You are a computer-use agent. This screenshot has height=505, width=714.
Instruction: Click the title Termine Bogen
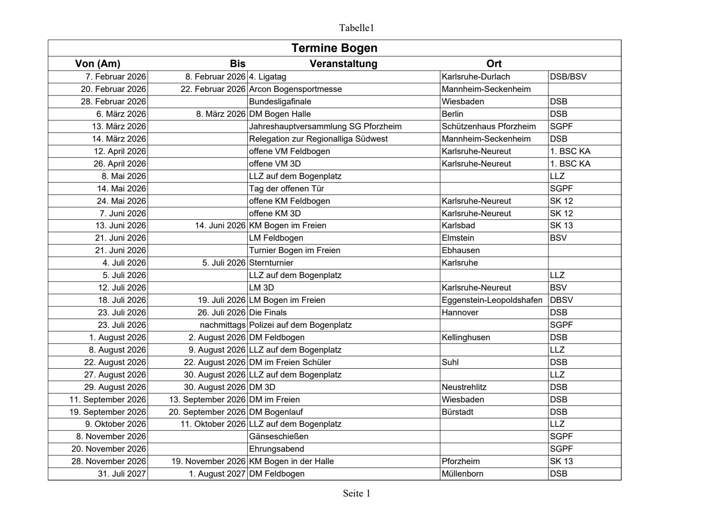(x=334, y=48)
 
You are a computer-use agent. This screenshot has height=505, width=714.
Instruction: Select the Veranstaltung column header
(x=343, y=64)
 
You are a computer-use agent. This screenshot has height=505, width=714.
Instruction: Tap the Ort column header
(x=494, y=64)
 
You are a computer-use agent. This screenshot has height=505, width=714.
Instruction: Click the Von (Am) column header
(x=98, y=64)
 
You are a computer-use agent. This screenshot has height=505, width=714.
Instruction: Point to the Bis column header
(x=238, y=64)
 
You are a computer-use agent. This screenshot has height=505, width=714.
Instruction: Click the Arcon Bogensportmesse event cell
(x=295, y=89)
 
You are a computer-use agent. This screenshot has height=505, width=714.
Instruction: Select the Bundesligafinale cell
(x=280, y=101)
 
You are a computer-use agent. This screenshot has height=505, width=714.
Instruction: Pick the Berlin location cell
(x=452, y=114)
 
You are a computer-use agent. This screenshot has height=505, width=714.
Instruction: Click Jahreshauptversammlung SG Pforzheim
(x=325, y=126)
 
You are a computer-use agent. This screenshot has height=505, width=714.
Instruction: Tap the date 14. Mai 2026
(x=121, y=188)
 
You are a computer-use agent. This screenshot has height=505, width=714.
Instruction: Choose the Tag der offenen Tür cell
(x=286, y=188)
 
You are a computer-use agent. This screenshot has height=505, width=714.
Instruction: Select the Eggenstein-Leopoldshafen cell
(x=492, y=300)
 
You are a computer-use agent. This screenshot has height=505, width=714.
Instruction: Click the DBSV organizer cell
(x=561, y=300)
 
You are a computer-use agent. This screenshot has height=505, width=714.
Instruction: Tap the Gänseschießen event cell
(x=278, y=436)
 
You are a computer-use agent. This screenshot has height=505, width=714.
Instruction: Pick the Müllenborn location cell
(x=462, y=473)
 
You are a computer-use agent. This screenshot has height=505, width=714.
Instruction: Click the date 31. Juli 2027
(x=122, y=473)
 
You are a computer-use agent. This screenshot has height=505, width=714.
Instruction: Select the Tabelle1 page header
(x=357, y=28)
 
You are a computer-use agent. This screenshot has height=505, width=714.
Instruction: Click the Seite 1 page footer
(x=356, y=493)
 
